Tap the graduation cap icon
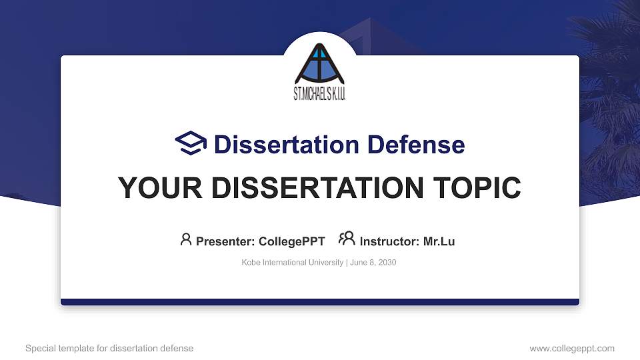[191, 143]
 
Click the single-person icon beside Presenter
[186, 239]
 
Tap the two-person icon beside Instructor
[347, 239]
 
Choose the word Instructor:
[390, 241]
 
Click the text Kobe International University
[291, 263]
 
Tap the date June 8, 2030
[373, 263]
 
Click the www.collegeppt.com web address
[571, 348]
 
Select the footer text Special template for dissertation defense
[109, 348]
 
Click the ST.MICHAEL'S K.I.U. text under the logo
[320, 95]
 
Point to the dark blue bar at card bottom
[320, 302]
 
